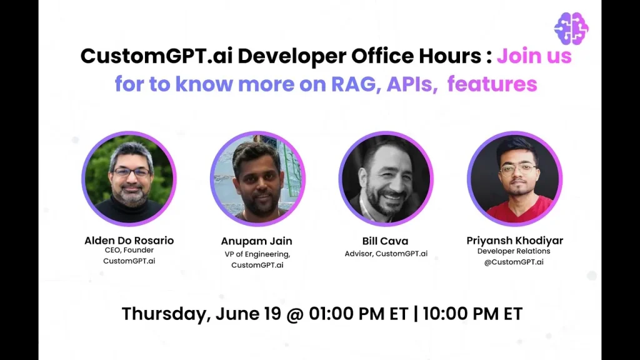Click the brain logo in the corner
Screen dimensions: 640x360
coord(571,28)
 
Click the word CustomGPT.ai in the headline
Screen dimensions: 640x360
coord(156,56)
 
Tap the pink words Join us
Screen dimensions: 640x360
coord(534,56)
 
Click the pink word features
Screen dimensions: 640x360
coord(492,84)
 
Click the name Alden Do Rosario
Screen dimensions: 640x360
coord(129,241)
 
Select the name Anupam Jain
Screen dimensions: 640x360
coord(257,241)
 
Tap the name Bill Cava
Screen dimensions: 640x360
coord(385,241)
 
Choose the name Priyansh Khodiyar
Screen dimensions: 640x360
coord(515,241)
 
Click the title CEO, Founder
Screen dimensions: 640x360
coord(129,250)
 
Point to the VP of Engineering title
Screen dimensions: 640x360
coord(257,254)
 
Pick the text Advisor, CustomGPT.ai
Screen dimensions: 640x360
coord(386,254)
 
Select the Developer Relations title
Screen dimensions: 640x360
coord(514,251)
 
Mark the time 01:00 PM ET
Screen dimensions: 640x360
coord(358,314)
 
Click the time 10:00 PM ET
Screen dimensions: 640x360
coord(472,314)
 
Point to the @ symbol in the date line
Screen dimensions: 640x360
coord(295,315)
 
